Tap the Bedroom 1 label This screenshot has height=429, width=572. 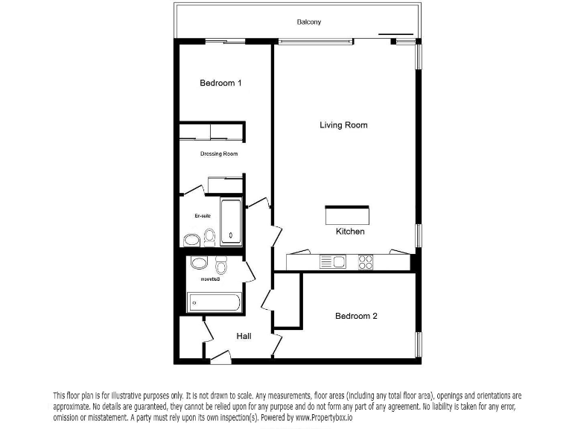pyautogui.click(x=220, y=83)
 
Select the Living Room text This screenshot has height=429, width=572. pyautogui.click(x=343, y=125)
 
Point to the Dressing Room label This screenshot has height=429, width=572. pyautogui.click(x=219, y=154)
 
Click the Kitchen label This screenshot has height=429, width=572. pyautogui.click(x=350, y=232)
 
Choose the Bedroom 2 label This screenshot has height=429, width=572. pyautogui.click(x=356, y=316)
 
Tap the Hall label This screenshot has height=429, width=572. pyautogui.click(x=244, y=336)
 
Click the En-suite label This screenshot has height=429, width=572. pyautogui.click(x=203, y=216)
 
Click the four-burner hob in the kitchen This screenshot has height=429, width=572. pyautogui.click(x=366, y=261)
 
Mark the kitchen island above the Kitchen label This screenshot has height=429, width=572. pyautogui.click(x=346, y=214)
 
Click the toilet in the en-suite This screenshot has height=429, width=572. pyautogui.click(x=210, y=238)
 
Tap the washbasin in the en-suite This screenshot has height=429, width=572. pyautogui.click(x=191, y=240)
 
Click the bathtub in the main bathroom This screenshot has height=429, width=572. pyautogui.click(x=214, y=302)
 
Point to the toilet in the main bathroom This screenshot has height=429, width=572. pyautogui.click(x=220, y=266)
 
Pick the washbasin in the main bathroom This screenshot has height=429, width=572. pyautogui.click(x=199, y=263)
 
